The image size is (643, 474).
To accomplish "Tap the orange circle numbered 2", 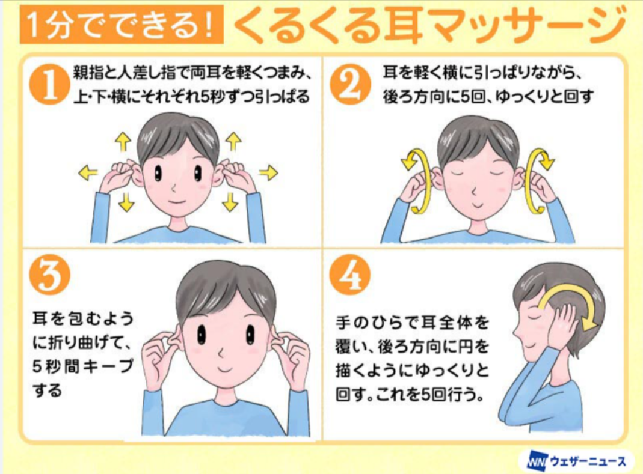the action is [350, 85].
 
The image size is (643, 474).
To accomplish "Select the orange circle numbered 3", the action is [49, 275].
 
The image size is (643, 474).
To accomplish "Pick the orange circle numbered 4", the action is [350, 275].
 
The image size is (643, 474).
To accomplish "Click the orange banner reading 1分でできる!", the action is [122, 25].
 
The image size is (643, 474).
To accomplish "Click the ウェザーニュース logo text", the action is [588, 461].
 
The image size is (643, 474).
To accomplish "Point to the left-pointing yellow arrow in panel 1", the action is [88, 172].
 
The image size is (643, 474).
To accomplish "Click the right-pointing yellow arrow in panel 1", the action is [269, 172].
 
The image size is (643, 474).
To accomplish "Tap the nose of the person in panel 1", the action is [174, 188].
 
